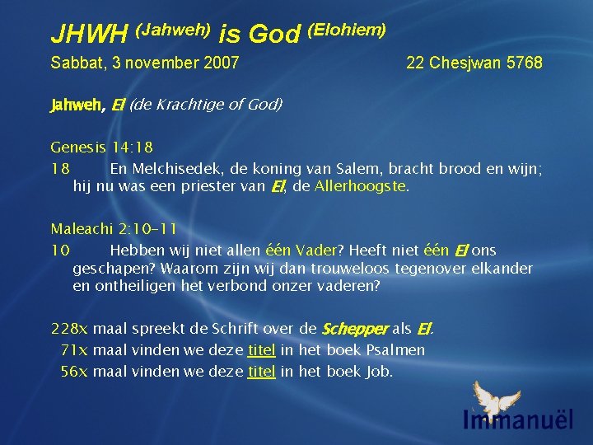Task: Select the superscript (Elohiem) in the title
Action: point(346,30)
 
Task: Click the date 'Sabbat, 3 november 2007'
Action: point(145,63)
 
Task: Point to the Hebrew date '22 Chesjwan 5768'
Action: point(474,63)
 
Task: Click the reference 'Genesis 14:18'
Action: point(101,148)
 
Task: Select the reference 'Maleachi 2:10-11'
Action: point(113,228)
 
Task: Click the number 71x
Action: point(75,350)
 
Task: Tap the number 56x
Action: point(75,371)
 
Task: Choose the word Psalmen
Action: point(395,350)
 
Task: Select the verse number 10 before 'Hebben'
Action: point(59,250)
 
